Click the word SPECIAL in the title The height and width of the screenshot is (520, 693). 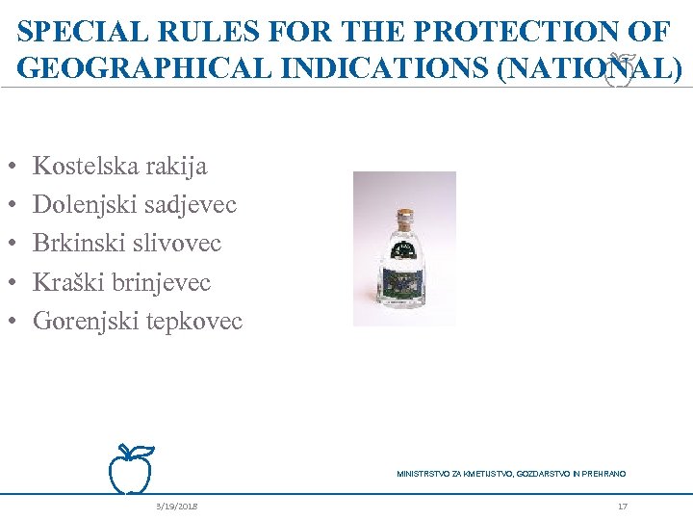pos(72,32)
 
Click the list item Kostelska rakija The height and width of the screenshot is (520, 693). pos(119,166)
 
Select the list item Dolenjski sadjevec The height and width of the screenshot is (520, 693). pos(134,204)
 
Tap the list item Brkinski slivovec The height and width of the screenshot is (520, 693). pos(127,243)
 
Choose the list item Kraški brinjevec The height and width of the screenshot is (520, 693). pos(121,282)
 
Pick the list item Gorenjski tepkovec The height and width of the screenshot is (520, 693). pos(138,321)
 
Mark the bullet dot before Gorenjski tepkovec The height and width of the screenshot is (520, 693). pos(20,322)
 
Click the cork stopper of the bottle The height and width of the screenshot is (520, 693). pos(405,216)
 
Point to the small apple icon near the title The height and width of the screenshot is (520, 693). pos(621,70)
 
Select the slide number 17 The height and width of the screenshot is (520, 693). pos(623,507)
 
